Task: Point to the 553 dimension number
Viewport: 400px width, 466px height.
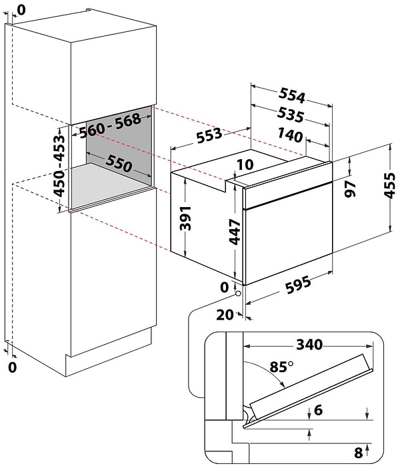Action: pyautogui.click(x=209, y=136)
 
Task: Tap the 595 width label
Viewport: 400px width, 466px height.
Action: pyautogui.click(x=293, y=288)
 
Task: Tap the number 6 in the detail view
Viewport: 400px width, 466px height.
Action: pyautogui.click(x=318, y=409)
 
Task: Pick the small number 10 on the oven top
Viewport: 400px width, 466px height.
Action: pyautogui.click(x=245, y=164)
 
